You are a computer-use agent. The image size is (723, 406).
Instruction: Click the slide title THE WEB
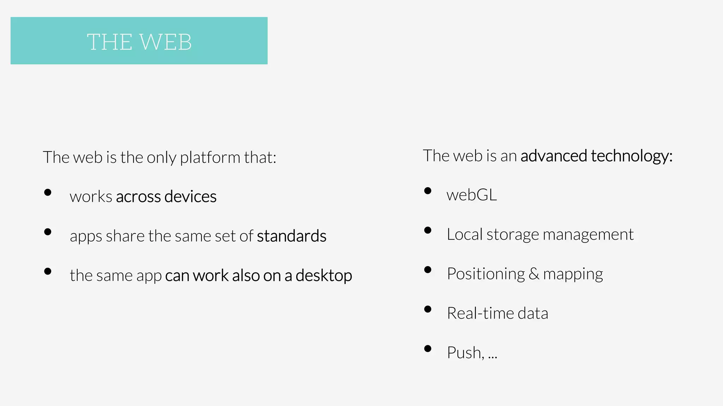tap(139, 42)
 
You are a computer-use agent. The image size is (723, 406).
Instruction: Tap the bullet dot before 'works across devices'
tap(48, 192)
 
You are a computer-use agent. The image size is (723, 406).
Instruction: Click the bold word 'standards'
tap(292, 236)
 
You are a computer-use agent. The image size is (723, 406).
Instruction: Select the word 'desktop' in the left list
tap(324, 275)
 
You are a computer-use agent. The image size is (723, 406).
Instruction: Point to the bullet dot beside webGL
tap(428, 191)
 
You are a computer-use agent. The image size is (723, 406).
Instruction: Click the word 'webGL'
tap(472, 195)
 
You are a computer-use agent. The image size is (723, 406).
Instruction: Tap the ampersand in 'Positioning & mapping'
tap(534, 274)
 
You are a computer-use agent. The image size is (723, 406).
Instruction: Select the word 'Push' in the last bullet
tap(464, 353)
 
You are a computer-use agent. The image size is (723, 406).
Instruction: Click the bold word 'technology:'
tap(632, 156)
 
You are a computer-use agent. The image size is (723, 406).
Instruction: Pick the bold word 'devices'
tap(190, 196)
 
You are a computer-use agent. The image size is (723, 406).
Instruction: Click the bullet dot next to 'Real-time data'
tap(428, 309)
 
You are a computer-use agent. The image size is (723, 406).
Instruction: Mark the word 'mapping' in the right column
tap(573, 274)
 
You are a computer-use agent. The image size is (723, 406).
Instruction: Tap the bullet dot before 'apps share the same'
tap(48, 232)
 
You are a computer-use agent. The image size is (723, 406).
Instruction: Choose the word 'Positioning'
tap(486, 274)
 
